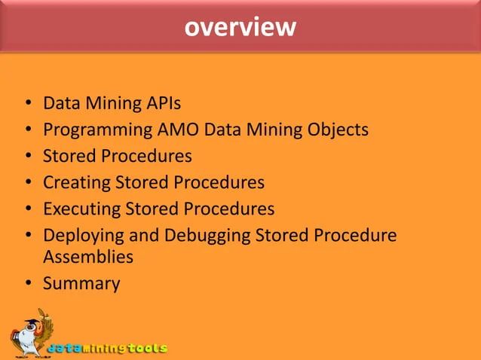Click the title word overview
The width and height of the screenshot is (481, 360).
pos(240,28)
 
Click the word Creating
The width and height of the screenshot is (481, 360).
pos(76,182)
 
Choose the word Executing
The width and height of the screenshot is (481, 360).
pos(81,208)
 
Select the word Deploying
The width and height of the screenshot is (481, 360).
pos(84,235)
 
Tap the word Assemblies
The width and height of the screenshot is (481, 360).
pos(88,258)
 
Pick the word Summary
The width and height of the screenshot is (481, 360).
pos(81,284)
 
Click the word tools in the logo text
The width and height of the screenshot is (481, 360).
pos(147,349)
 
